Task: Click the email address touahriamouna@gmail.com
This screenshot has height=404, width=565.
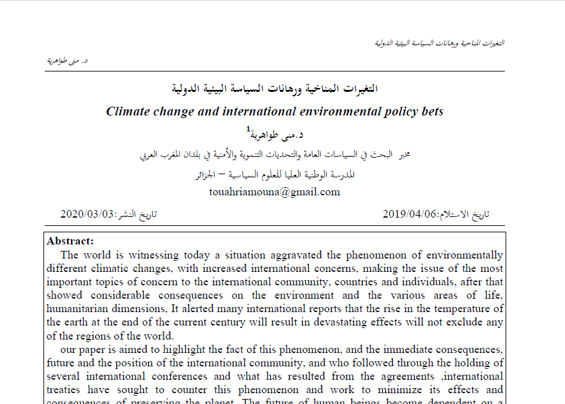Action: pyautogui.click(x=275, y=191)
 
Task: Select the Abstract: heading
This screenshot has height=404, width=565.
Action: pyautogui.click(x=70, y=241)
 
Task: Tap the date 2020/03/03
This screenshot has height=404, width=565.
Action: pyautogui.click(x=88, y=214)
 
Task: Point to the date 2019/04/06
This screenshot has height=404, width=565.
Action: pyautogui.click(x=410, y=214)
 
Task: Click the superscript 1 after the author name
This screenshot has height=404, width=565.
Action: pyautogui.click(x=249, y=130)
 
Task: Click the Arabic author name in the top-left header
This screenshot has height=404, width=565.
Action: pyautogui.click(x=68, y=61)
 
